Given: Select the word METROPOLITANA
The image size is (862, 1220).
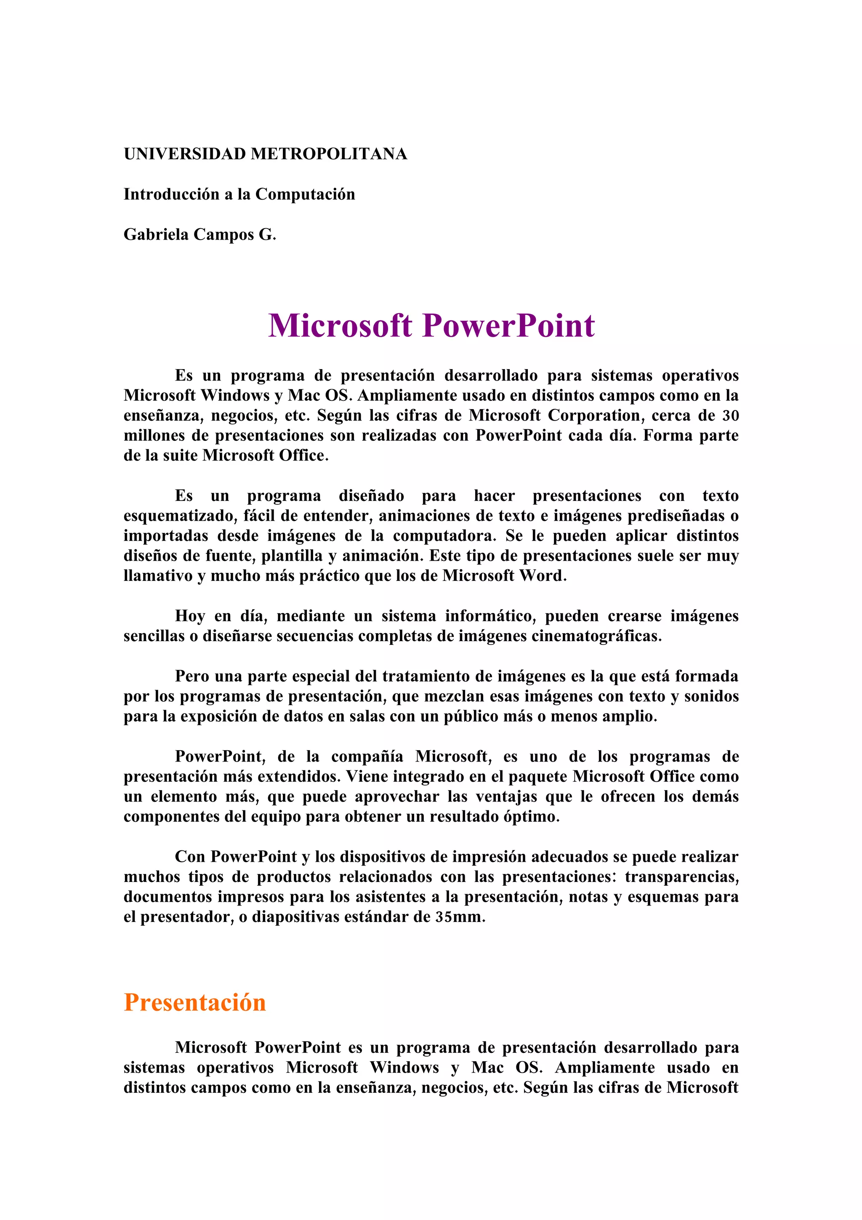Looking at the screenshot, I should [329, 154].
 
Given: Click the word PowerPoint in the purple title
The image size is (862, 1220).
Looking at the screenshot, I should [508, 325].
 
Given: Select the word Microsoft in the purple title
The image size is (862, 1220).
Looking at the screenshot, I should [340, 325].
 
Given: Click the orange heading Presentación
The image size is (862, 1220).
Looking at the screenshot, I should [194, 1003].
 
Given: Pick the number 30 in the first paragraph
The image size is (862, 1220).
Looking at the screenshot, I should [730, 416].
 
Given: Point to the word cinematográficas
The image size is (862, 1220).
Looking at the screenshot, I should [596, 636].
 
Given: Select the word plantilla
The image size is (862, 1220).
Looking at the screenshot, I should [292, 556].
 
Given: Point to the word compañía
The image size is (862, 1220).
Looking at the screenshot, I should [367, 757].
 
